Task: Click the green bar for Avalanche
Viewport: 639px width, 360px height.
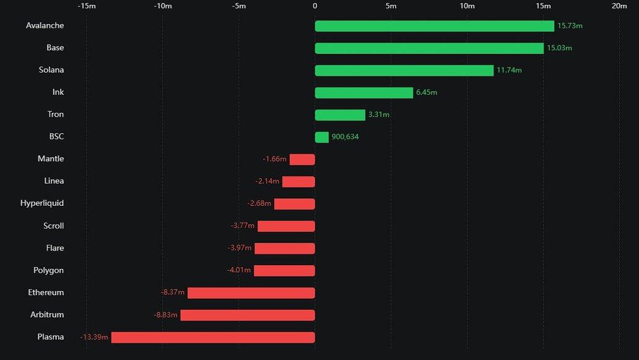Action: [434, 26]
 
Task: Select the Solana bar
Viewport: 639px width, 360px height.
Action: [404, 71]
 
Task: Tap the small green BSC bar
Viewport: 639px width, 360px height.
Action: [321, 137]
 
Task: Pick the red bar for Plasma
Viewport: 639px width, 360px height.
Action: [213, 338]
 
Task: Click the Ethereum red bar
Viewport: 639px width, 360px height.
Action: [251, 293]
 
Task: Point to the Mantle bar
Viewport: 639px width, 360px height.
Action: [302, 159]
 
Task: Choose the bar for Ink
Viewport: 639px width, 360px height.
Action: [363, 93]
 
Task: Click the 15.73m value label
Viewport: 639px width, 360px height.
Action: [570, 26]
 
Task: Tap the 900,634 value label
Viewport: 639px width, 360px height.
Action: [345, 137]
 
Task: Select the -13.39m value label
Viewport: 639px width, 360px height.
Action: [94, 338]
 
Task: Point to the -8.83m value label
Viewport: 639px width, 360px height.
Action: [165, 315]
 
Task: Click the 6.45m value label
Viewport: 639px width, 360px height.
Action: [427, 93]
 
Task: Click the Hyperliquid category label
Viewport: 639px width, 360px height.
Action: [42, 203]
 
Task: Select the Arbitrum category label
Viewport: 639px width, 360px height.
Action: [47, 315]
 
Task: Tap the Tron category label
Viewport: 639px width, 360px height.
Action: [56, 115]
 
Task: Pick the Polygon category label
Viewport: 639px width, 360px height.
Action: [48, 271]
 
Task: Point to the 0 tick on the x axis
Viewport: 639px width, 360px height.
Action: [315, 6]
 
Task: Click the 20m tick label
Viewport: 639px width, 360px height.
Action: [619, 6]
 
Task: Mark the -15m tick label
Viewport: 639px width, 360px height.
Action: [86, 6]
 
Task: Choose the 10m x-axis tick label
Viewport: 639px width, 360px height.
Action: [467, 6]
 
